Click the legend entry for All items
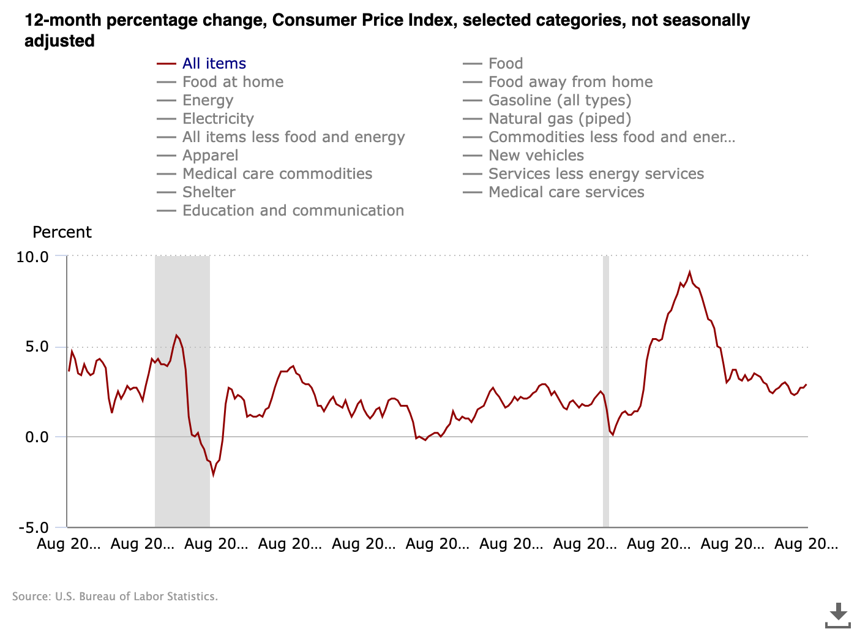pyautogui.click(x=214, y=64)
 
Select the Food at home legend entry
pyautogui.click(x=233, y=82)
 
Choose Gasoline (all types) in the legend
pyautogui.click(x=559, y=100)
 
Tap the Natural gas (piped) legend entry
pyautogui.click(x=559, y=119)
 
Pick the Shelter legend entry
pyautogui.click(x=209, y=192)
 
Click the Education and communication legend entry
pyautogui.click(x=293, y=211)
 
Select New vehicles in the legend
pyautogui.click(x=536, y=156)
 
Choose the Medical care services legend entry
pyautogui.click(x=566, y=192)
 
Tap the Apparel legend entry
pyautogui.click(x=210, y=156)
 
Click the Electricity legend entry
pyautogui.click(x=218, y=119)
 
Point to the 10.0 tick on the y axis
pyautogui.click(x=32, y=257)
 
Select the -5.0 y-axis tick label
pyautogui.click(x=33, y=527)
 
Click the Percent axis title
pyautogui.click(x=62, y=232)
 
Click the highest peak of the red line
pyautogui.click(x=689, y=272)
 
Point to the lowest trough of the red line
pyautogui.click(x=214, y=475)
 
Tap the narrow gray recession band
pyautogui.click(x=606, y=392)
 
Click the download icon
pyautogui.click(x=838, y=615)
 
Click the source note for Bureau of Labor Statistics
pyautogui.click(x=115, y=597)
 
